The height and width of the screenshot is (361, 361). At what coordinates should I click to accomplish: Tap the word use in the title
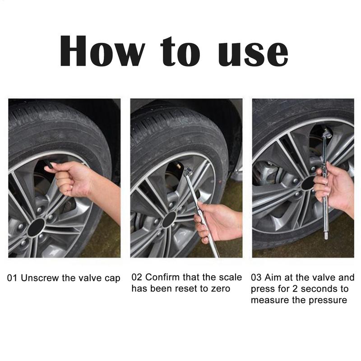[253, 53]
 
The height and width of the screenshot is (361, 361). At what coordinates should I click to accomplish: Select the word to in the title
[180, 51]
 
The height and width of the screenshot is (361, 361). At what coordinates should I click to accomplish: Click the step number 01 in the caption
[12, 278]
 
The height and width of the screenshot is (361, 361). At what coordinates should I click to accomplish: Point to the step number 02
[137, 277]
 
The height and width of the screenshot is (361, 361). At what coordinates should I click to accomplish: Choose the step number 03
[256, 277]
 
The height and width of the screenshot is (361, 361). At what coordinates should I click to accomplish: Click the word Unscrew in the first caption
[40, 278]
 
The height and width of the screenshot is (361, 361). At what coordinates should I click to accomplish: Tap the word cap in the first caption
[112, 279]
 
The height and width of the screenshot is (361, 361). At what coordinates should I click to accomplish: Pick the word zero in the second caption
[221, 288]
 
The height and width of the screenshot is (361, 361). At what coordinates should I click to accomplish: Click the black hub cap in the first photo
[36, 227]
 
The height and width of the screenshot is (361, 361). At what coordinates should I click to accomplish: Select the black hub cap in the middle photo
[169, 220]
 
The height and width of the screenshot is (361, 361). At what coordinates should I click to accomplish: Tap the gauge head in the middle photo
[188, 172]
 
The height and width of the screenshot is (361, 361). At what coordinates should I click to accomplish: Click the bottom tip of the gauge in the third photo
[326, 237]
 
